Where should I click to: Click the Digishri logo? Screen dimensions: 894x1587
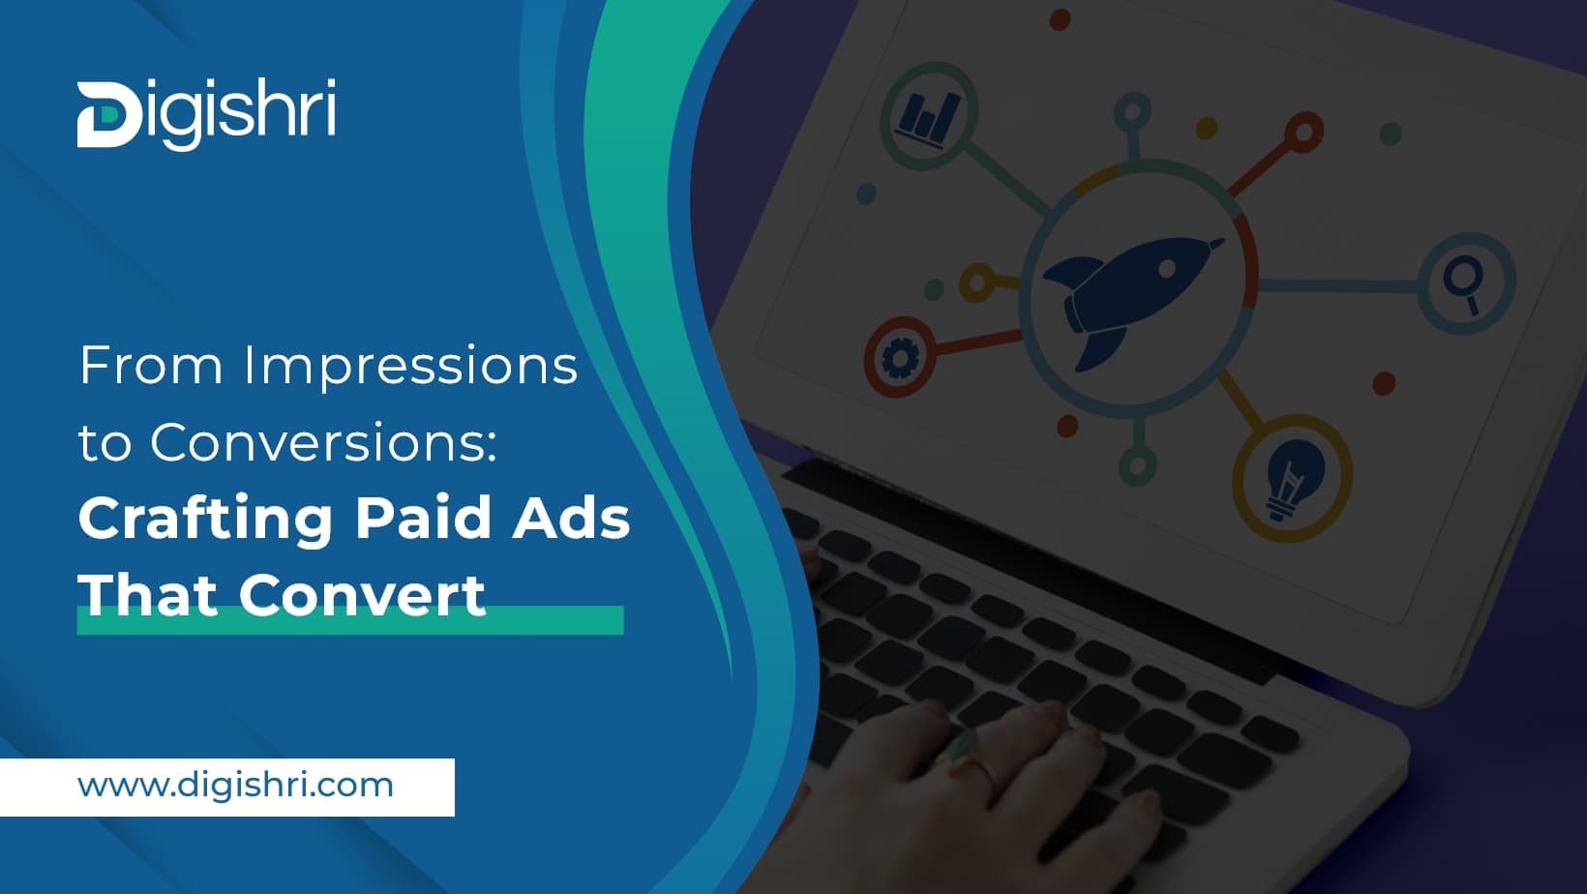[x=206, y=114]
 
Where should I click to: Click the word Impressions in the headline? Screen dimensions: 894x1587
[x=410, y=367]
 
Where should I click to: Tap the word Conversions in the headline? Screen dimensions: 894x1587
[x=322, y=442]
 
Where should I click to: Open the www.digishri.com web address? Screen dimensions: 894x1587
[x=235, y=785]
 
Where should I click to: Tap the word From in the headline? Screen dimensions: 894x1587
[x=150, y=367]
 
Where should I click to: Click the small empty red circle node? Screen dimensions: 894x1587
[x=1303, y=133]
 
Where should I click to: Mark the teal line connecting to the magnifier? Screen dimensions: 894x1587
[x=1340, y=285]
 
